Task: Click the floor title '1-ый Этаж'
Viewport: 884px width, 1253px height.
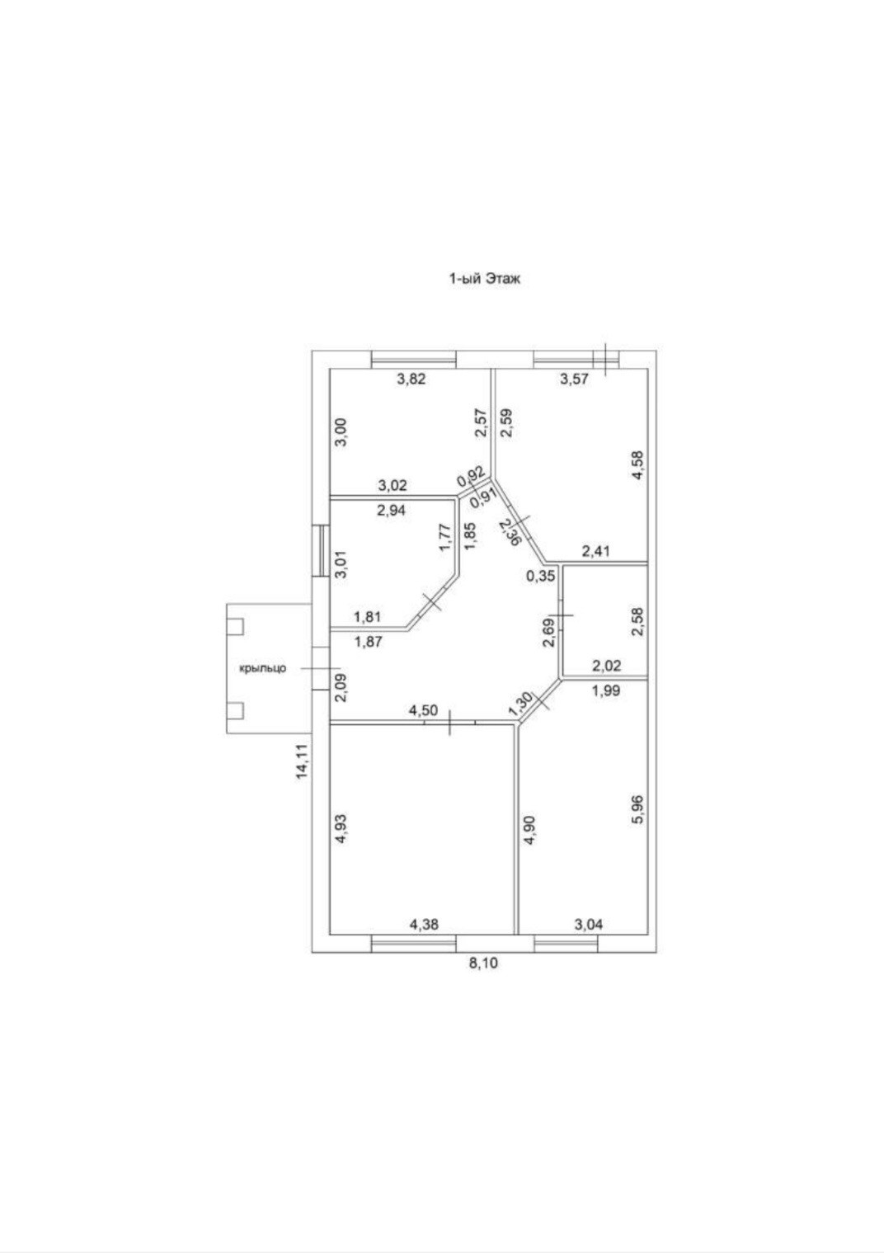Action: click(x=484, y=279)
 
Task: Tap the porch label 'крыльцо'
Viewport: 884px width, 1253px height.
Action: click(x=262, y=668)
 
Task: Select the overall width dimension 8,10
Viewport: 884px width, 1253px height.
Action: click(x=484, y=962)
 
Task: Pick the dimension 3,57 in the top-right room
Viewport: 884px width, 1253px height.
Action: click(x=575, y=379)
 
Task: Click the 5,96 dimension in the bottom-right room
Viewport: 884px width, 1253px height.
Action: click(x=635, y=815)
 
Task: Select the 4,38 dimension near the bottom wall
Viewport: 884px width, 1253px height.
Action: click(x=424, y=925)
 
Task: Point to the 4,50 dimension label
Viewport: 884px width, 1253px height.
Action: click(x=424, y=710)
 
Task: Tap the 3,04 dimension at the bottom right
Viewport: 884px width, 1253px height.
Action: click(x=588, y=925)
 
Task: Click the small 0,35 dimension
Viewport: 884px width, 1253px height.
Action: click(x=541, y=577)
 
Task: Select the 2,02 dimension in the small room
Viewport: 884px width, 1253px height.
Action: click(x=606, y=667)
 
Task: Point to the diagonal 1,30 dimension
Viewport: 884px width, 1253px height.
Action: click(x=520, y=704)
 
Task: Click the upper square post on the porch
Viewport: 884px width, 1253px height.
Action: click(x=236, y=626)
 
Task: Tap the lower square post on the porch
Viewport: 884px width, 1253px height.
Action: click(x=236, y=710)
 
